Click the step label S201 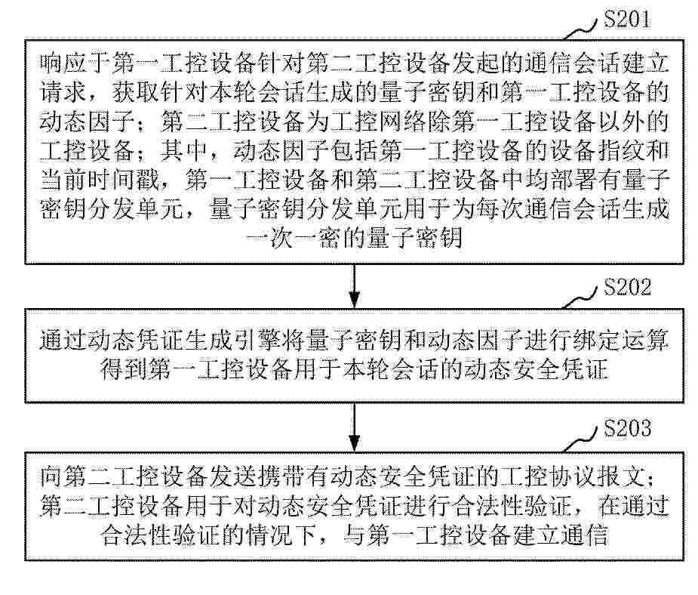[x=626, y=19]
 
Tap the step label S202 [x=627, y=288]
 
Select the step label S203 [x=627, y=428]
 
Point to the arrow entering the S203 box [x=355, y=427]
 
